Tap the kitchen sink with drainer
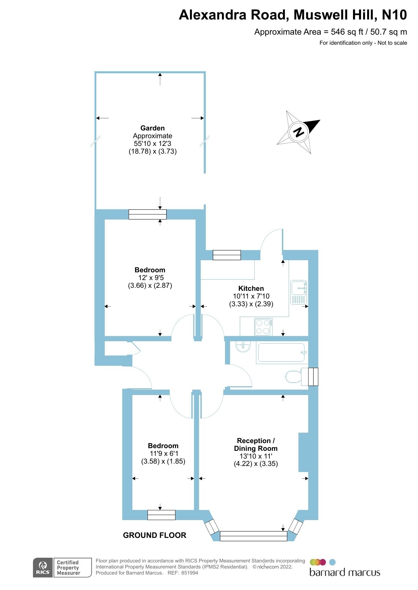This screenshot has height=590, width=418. [299, 292]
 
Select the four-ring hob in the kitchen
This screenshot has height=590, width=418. [263, 327]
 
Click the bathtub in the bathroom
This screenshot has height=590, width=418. [282, 352]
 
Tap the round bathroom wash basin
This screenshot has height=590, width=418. [243, 346]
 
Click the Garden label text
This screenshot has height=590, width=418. [153, 128]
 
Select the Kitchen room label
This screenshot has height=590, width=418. [251, 288]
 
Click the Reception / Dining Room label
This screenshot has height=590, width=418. [256, 444]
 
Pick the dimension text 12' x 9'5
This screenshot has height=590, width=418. [151, 278]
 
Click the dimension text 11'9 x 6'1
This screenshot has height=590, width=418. [164, 454]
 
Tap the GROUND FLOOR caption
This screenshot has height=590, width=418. [155, 535]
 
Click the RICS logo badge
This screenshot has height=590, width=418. [43, 567]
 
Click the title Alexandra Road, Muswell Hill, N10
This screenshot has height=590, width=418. [293, 15]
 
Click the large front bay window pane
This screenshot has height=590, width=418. [253, 536]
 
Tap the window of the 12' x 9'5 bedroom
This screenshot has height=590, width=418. [148, 214]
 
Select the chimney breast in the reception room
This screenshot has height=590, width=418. [303, 452]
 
